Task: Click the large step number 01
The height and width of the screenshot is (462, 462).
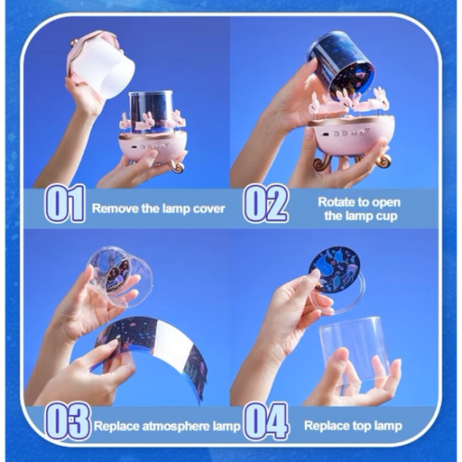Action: point(65,204)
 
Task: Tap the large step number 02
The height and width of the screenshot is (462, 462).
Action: point(265,204)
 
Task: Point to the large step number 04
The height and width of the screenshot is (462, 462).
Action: point(265,421)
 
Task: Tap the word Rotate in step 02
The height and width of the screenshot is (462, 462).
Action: point(336,202)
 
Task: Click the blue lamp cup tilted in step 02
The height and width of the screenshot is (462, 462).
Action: point(340,68)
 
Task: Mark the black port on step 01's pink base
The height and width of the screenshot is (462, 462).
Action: point(134,147)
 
